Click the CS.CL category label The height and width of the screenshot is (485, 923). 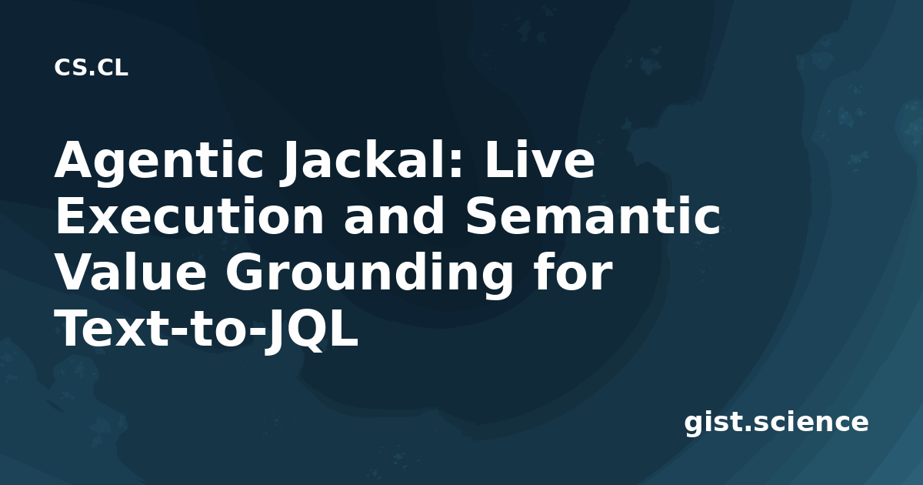click(x=91, y=68)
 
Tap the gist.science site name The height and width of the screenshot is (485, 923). click(x=776, y=423)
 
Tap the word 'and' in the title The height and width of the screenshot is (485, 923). click(x=395, y=216)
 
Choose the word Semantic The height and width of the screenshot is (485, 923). click(x=593, y=216)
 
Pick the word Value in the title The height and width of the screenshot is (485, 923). click(x=130, y=273)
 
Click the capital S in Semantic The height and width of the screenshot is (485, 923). click(x=482, y=216)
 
